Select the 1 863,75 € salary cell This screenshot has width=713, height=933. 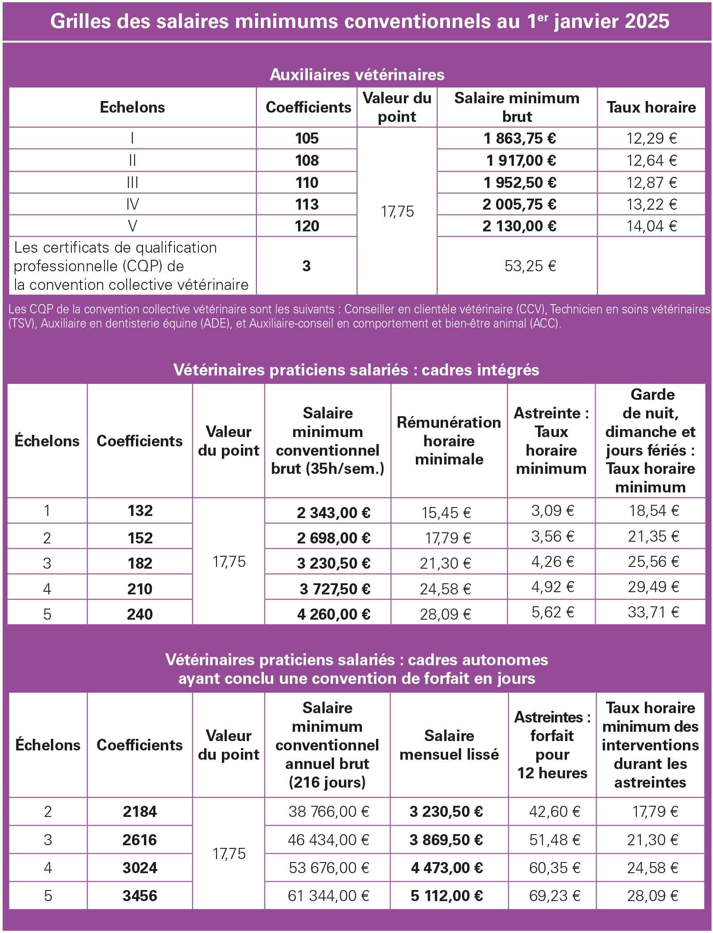pyautogui.click(x=519, y=139)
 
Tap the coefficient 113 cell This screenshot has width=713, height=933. pyautogui.click(x=307, y=204)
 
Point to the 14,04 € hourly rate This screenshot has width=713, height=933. pyautogui.click(x=651, y=226)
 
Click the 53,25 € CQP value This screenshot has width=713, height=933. pyautogui.click(x=530, y=266)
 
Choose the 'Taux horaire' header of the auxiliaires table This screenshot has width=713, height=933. pyautogui.click(x=651, y=107)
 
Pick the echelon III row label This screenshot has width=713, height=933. pyautogui.click(x=132, y=183)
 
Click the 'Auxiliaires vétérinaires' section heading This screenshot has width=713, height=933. pyautogui.click(x=357, y=74)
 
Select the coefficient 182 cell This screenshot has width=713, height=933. pyautogui.click(x=140, y=563)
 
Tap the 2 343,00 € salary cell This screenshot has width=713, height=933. pyautogui.click(x=334, y=512)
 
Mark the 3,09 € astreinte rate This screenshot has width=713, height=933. pyautogui.click(x=553, y=511)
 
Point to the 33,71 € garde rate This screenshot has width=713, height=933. pyautogui.click(x=653, y=613)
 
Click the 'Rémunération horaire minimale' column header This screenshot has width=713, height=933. pyautogui.click(x=449, y=441)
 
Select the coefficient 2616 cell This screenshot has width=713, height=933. pyautogui.click(x=140, y=840)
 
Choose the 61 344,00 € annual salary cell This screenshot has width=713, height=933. pyautogui.click(x=329, y=896)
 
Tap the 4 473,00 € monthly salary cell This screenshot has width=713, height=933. pyautogui.click(x=446, y=868)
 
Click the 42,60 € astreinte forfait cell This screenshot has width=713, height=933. pyautogui.click(x=554, y=812)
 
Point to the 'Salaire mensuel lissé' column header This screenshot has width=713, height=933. pyautogui.click(x=449, y=745)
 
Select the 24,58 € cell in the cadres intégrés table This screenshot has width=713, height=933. pyautogui.click(x=446, y=589)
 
